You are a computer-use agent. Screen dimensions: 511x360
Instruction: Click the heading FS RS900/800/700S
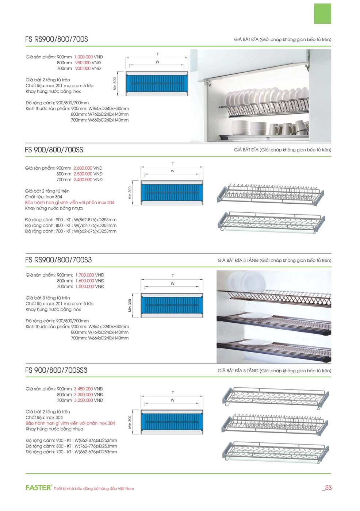[x=57, y=39]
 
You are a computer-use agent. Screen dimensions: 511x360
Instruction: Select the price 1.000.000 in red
[x=83, y=57]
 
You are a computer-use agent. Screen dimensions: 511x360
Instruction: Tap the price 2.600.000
[x=83, y=168]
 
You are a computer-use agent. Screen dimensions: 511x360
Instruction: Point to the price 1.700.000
[x=85, y=275]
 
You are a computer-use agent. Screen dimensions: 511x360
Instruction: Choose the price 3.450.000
[x=83, y=389]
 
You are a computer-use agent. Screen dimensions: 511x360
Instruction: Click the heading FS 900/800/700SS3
[x=56, y=370]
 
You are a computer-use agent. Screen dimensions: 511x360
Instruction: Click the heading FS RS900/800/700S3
[x=58, y=260]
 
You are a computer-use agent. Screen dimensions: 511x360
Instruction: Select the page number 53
[x=328, y=488]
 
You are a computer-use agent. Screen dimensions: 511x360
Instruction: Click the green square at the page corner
[x=322, y=14]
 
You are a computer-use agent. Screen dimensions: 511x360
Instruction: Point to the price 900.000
[x=83, y=69]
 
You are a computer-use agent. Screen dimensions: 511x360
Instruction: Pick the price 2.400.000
[x=83, y=180]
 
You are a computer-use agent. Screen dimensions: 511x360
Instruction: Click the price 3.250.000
[x=83, y=400]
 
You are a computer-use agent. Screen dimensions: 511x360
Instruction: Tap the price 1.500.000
[x=85, y=287]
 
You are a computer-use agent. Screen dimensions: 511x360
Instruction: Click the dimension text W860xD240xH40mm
[x=108, y=108]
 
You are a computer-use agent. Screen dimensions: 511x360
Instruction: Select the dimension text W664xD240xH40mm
[x=108, y=338]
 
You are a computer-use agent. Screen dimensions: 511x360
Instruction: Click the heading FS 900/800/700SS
[x=54, y=150]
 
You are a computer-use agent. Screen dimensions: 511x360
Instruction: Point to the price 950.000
[x=83, y=63]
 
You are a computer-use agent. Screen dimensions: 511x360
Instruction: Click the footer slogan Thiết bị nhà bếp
[x=94, y=488]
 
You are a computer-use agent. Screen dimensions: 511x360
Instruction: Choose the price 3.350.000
[x=83, y=395]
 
